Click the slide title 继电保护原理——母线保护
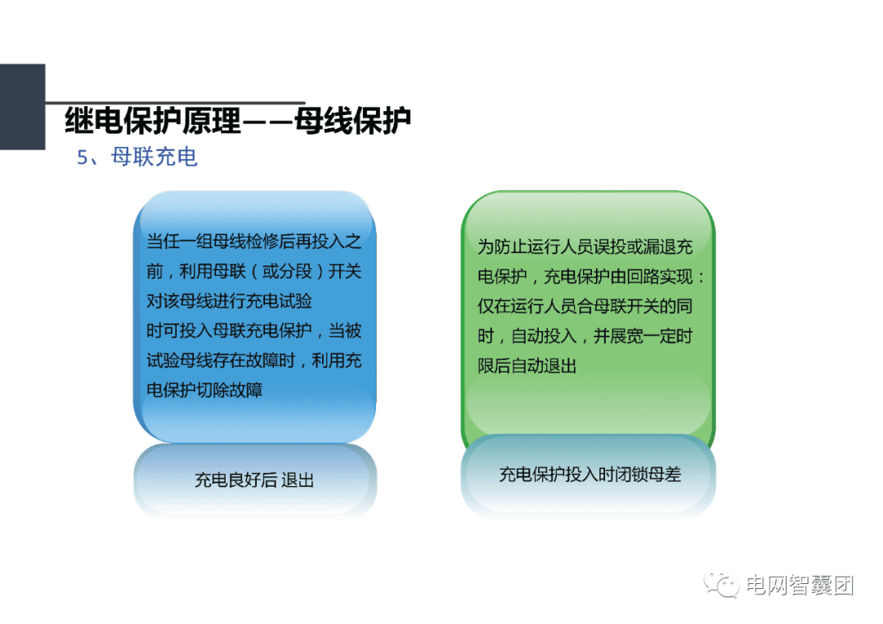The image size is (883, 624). click(x=237, y=120)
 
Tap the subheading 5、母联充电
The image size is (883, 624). click(x=137, y=157)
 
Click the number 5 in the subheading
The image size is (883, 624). click(x=82, y=158)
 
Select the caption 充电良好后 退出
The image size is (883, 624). click(x=253, y=480)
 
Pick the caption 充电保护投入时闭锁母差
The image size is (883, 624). click(x=589, y=475)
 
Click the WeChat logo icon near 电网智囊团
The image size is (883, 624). click(x=724, y=586)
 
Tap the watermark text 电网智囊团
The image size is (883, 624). click(x=800, y=586)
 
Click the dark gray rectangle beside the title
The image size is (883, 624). click(x=22, y=106)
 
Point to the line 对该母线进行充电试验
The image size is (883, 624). click(x=229, y=301)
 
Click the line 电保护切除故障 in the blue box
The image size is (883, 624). click(x=204, y=390)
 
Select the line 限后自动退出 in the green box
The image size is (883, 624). click(x=527, y=366)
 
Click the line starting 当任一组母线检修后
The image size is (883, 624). click(x=253, y=243)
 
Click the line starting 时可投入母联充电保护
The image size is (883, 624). click(x=253, y=331)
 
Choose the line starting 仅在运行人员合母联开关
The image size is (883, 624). click(x=585, y=306)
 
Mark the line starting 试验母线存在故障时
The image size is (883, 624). click(x=253, y=360)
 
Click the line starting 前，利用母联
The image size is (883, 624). click(x=253, y=272)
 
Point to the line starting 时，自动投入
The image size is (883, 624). click(x=585, y=337)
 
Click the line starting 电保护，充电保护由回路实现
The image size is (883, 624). click(x=590, y=277)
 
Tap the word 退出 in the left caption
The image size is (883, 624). click(x=297, y=480)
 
